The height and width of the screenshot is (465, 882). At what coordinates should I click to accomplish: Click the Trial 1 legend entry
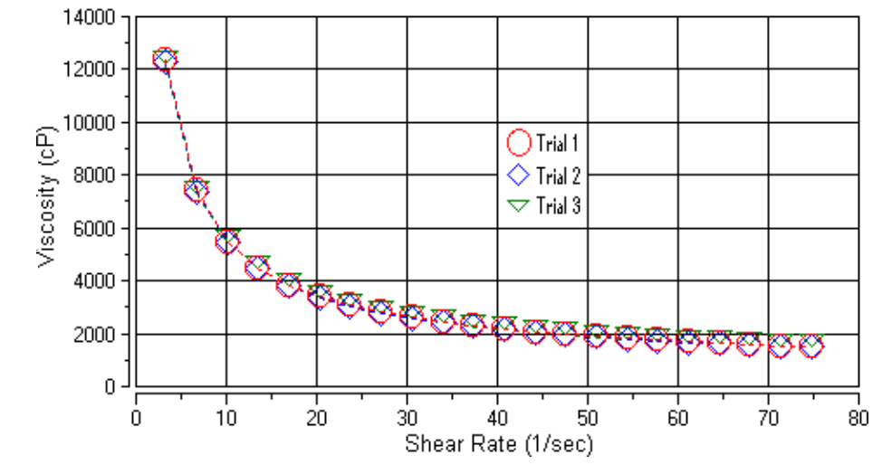(543, 143)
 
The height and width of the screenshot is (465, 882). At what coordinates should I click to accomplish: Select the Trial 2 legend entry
(543, 175)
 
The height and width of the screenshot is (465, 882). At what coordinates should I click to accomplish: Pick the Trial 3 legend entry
(543, 206)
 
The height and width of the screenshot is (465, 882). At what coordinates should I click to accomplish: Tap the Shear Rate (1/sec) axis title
(497, 444)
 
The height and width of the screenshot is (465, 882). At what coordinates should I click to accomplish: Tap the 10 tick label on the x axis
(225, 420)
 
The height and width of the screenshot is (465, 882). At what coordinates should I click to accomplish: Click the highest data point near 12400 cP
(165, 60)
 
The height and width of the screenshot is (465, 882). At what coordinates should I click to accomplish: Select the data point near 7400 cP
(197, 190)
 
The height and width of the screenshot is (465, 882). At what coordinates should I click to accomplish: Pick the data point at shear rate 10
(226, 242)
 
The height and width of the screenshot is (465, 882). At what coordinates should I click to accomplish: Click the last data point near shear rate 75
(811, 346)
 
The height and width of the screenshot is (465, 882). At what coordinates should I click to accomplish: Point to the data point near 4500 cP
(257, 268)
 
